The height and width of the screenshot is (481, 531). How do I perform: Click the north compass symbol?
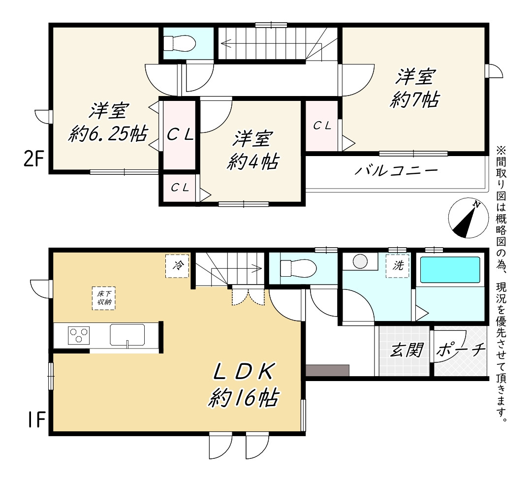pyautogui.click(x=469, y=218)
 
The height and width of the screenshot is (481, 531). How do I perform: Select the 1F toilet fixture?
pyautogui.click(x=298, y=268)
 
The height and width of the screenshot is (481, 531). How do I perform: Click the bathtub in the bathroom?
pyautogui.click(x=450, y=270)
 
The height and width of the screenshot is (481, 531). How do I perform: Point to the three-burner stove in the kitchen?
pyautogui.click(x=79, y=335)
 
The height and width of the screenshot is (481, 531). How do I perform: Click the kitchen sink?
pyautogui.click(x=127, y=335)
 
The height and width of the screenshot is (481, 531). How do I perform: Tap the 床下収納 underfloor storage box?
pyautogui.click(x=104, y=298)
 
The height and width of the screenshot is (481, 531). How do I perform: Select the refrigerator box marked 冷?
pyautogui.click(x=177, y=266)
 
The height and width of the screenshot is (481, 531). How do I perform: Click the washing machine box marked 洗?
pyautogui.click(x=398, y=266)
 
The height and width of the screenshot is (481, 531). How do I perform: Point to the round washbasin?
pyautogui.click(x=360, y=261)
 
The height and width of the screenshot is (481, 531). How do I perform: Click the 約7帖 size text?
pyautogui.click(x=415, y=100)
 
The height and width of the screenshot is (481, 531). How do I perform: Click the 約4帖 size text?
pyautogui.click(x=253, y=161)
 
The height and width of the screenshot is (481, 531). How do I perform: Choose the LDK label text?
pyautogui.click(x=244, y=372)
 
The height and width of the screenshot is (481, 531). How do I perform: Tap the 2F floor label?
pyautogui.click(x=34, y=159)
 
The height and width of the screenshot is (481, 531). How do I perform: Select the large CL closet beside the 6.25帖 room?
pyautogui.click(x=180, y=135)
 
